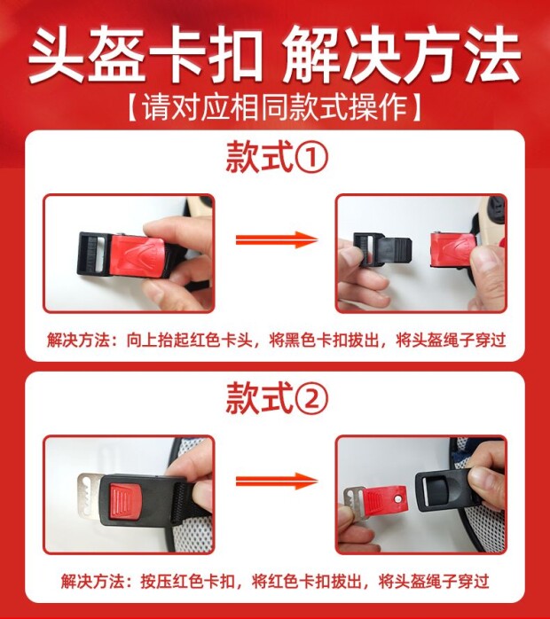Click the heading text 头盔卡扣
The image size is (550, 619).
point(145,54)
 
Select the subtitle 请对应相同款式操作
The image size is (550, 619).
point(274,107)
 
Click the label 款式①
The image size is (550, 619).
point(277,157)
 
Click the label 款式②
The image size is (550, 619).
point(277,398)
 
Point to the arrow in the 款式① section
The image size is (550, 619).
point(277,239)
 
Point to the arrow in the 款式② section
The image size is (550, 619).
point(277,481)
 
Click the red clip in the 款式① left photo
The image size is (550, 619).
point(137,255)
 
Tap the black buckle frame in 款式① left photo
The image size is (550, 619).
point(94,253)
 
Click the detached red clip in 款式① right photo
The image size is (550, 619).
point(453,250)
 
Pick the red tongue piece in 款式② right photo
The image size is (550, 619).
point(384,501)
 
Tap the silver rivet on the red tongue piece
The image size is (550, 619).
point(399,498)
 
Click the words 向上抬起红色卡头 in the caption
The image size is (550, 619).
point(189,340)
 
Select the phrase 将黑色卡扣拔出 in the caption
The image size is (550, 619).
point(324,340)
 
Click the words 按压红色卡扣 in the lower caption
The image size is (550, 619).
point(187,582)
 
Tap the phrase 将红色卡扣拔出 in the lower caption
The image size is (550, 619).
point(306,582)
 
